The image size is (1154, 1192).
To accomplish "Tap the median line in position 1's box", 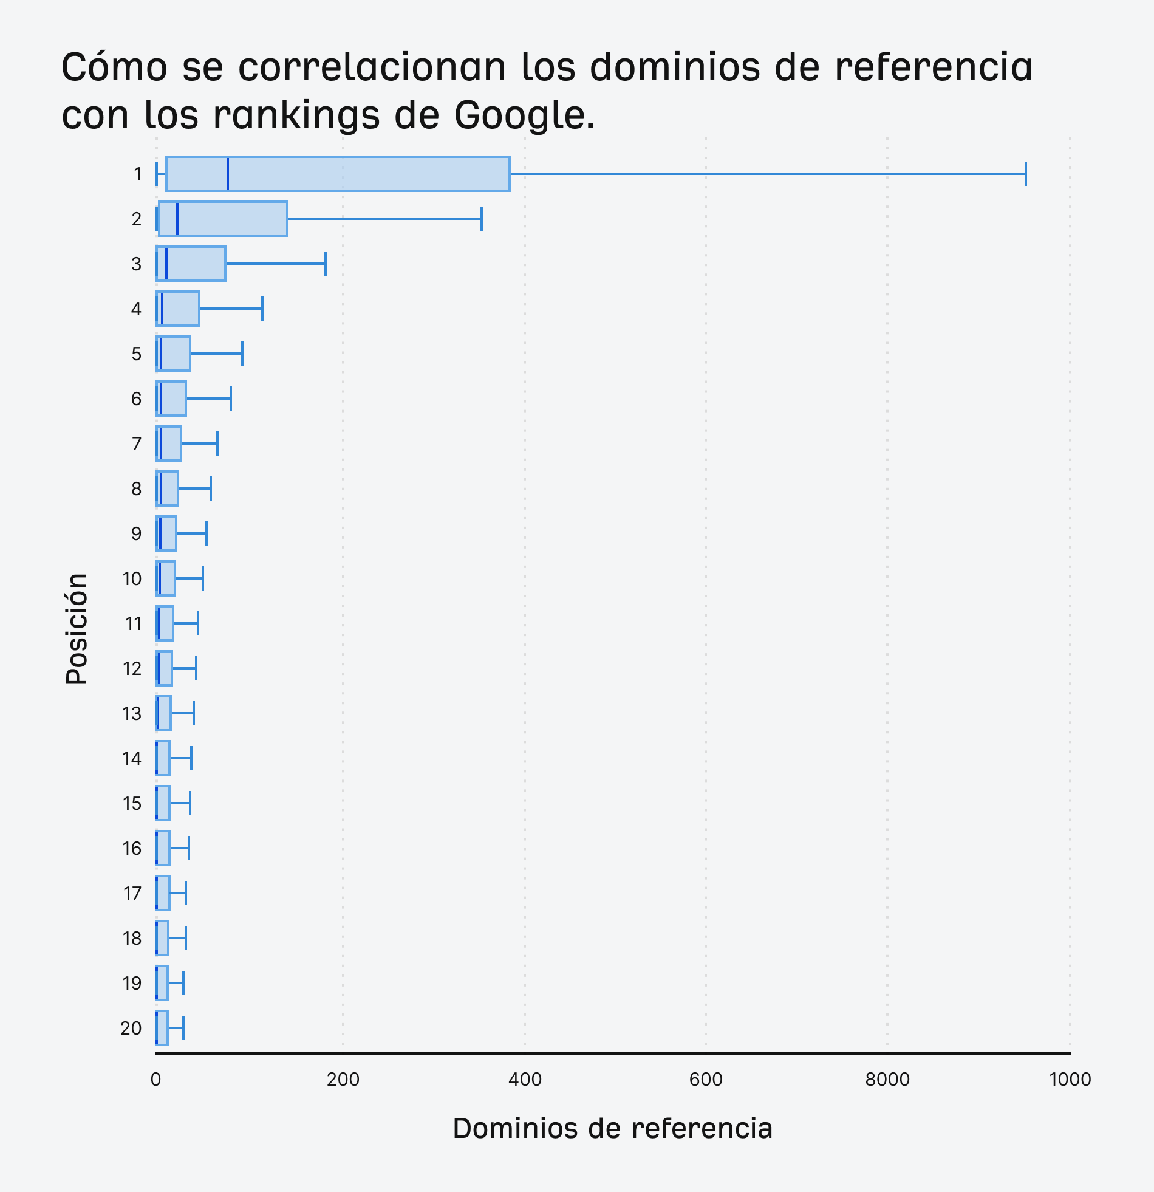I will [227, 174].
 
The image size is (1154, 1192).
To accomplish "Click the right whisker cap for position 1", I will [1026, 174].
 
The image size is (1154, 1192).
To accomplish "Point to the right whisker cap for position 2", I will [482, 219].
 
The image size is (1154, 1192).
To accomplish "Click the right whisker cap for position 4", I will [262, 309].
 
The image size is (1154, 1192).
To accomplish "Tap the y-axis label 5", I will [136, 354].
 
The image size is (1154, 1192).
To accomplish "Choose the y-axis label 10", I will [132, 579].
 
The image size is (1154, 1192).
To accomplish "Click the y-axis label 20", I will [131, 1029].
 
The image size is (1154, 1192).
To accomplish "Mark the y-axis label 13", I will [132, 713].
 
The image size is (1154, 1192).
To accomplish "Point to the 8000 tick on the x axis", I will [887, 1080].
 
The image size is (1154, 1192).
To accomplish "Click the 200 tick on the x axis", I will [343, 1080].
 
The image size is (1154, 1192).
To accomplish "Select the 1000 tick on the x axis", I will [1070, 1080].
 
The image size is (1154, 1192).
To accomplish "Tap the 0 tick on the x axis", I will [155, 1080].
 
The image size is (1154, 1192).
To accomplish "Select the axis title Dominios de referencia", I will [612, 1128].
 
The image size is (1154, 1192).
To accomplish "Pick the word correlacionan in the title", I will [372, 67].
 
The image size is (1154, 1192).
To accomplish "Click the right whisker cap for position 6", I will [231, 399].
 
